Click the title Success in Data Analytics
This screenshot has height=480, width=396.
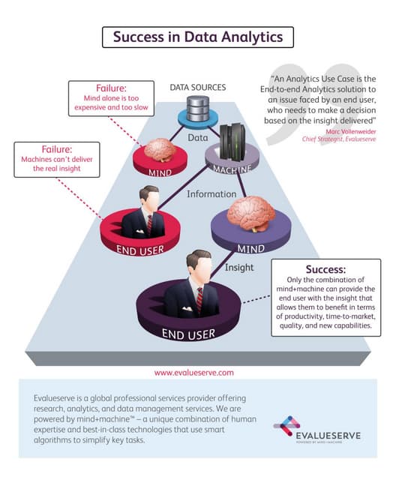pyautogui.click(x=198, y=35)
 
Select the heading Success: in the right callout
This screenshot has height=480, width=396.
pyautogui.click(x=325, y=268)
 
